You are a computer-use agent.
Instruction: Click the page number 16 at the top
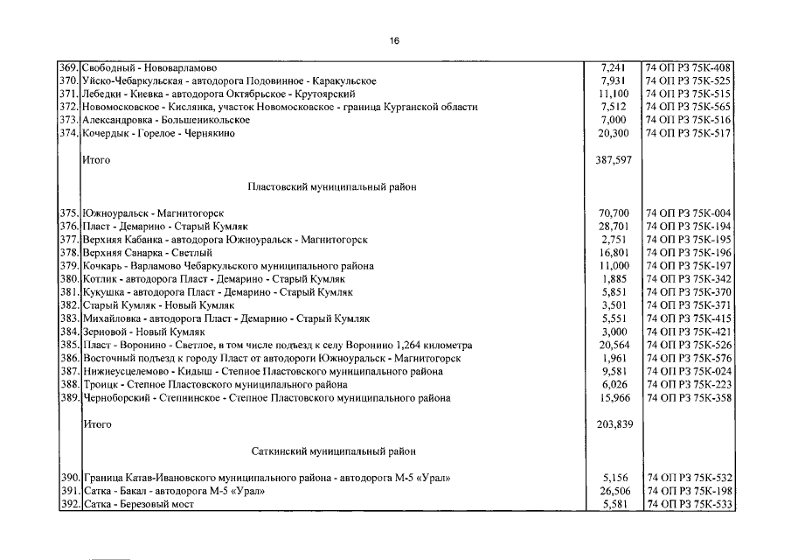394,41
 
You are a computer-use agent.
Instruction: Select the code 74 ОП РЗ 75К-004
688,213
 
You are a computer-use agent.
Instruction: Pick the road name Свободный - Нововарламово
149,67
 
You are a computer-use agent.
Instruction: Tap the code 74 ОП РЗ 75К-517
688,133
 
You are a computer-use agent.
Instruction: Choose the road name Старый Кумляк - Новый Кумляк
153,305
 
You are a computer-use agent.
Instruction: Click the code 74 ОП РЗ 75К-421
688,332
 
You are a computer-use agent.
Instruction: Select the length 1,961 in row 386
615,359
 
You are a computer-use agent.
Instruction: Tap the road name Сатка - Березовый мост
140,505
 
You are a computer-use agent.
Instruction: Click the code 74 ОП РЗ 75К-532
688,479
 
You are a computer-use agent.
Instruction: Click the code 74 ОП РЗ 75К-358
688,398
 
